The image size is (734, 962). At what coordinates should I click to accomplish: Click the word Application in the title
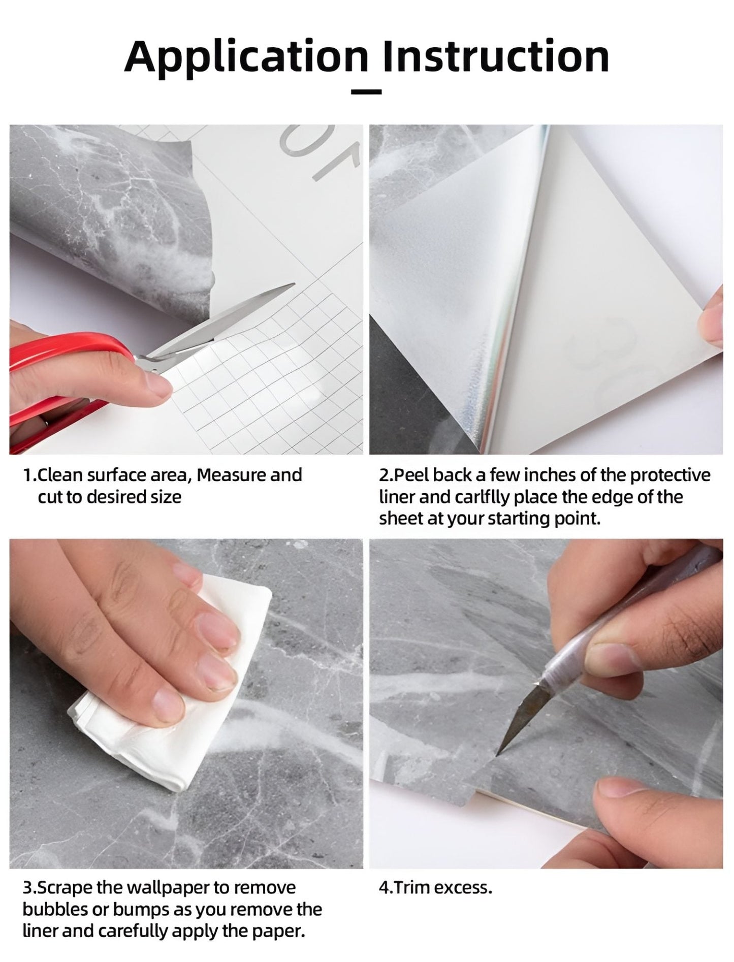click(246, 57)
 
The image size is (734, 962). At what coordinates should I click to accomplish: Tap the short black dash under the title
click(366, 92)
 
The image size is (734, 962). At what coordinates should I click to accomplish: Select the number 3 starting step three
click(27, 888)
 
